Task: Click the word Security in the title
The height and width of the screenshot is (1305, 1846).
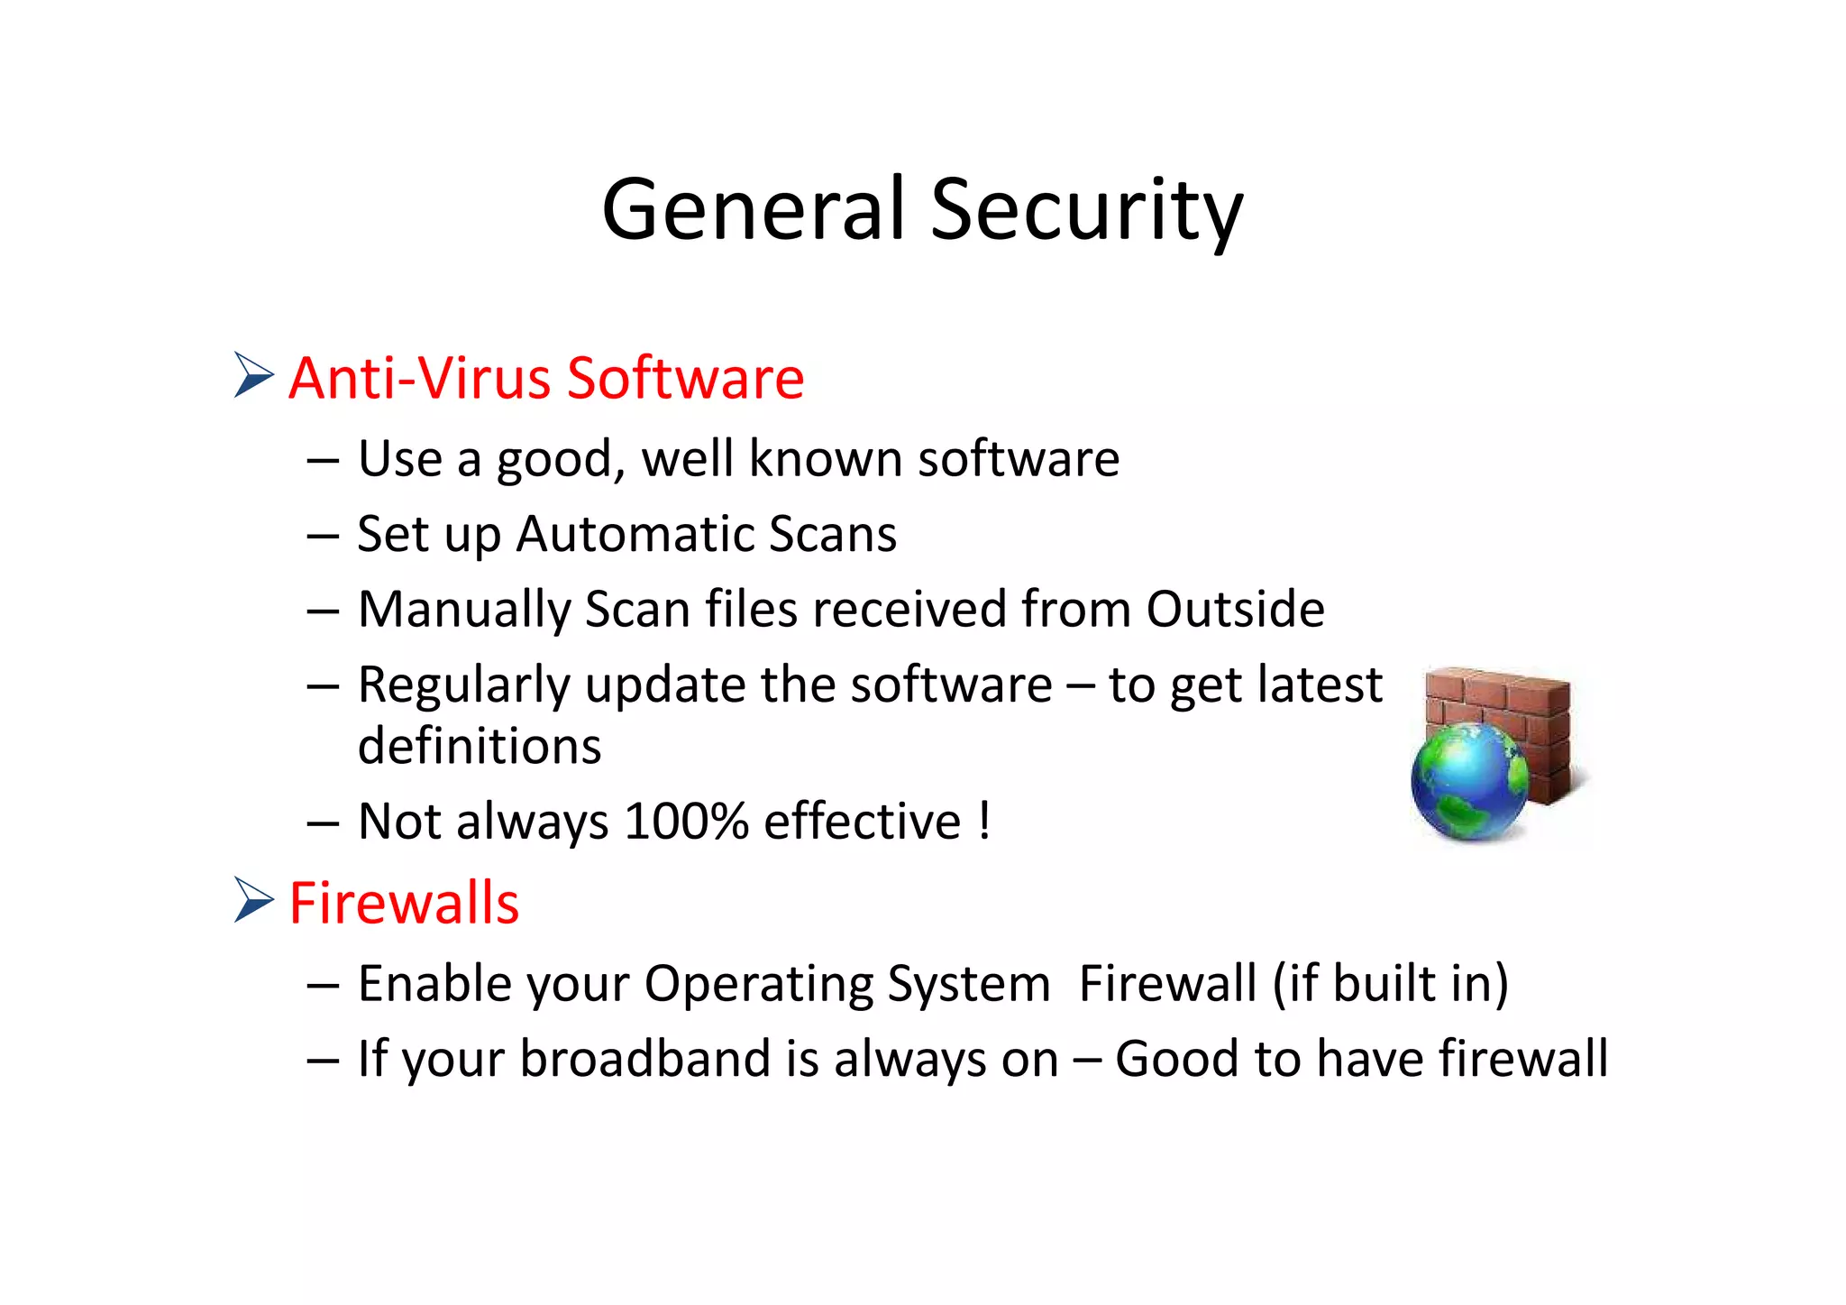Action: tap(1086, 211)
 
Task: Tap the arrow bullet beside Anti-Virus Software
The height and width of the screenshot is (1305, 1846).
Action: tap(253, 374)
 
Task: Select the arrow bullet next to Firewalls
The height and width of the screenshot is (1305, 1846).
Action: tap(253, 899)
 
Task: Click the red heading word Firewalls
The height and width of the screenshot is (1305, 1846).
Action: tap(404, 903)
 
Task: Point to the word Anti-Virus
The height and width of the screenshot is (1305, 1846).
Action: tap(418, 377)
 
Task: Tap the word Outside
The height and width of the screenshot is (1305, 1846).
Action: tap(1235, 609)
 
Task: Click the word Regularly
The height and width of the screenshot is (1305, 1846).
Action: tap(464, 685)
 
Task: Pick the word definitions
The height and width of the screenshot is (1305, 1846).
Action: tap(480, 747)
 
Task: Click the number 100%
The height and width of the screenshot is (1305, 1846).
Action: tap(686, 822)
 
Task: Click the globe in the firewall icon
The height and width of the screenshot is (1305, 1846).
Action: tap(1467, 781)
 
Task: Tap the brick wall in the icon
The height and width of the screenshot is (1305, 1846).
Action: tap(1523, 712)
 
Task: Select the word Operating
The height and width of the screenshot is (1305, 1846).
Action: tap(758, 984)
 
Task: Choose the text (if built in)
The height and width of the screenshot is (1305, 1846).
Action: tap(1390, 983)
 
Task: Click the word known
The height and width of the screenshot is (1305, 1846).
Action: tap(826, 458)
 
